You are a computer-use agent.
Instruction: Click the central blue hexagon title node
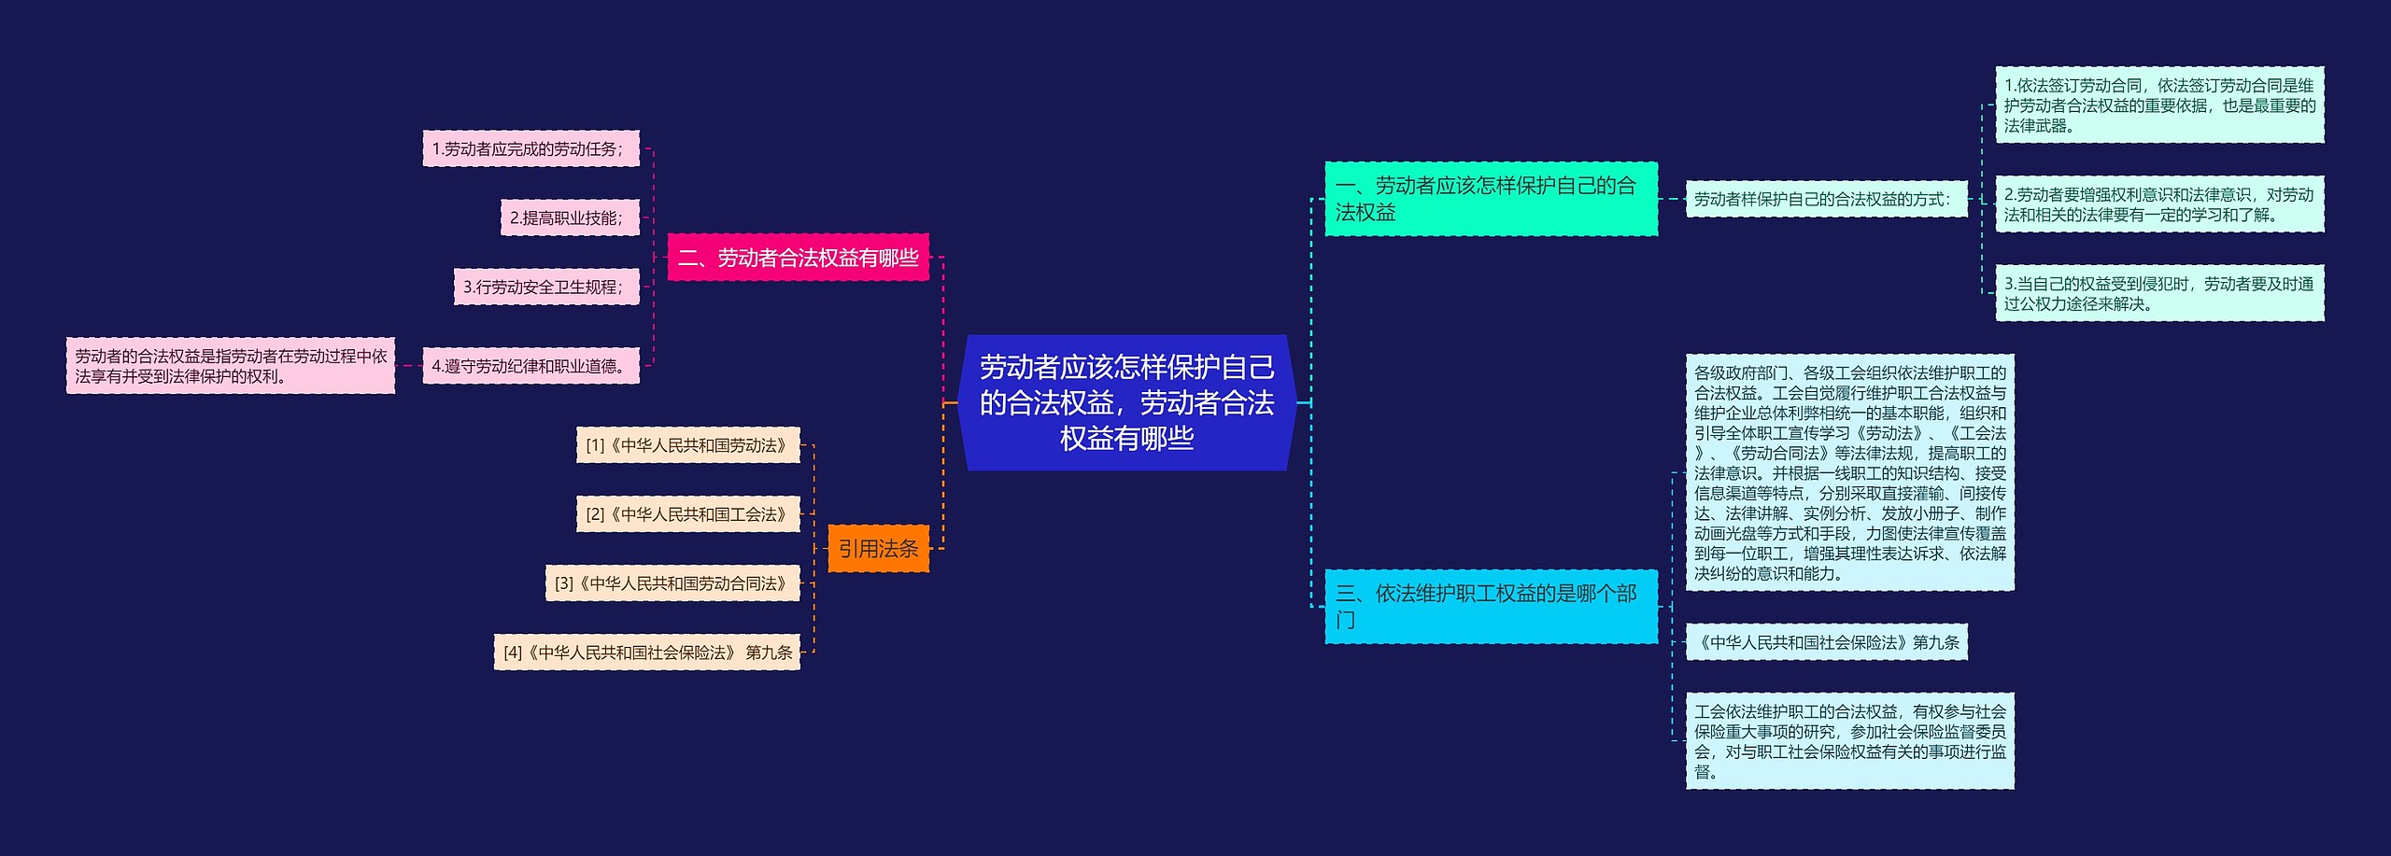click(1126, 402)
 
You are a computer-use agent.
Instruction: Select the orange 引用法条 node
click(878, 549)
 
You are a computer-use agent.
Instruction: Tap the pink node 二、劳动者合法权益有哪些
click(798, 258)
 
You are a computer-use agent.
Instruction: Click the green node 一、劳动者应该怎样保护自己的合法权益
click(1491, 199)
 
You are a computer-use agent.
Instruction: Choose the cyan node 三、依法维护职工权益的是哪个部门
click(1491, 607)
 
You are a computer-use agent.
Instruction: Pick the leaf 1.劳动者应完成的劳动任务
click(531, 149)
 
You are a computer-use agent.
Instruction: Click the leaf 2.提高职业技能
click(569, 218)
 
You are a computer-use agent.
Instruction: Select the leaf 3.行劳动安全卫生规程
click(545, 288)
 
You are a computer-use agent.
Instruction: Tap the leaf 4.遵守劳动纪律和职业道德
click(531, 366)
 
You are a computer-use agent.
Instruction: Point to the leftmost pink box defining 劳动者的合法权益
click(231, 366)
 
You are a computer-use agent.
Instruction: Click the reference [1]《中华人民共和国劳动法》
click(687, 445)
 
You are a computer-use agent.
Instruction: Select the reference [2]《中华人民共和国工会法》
click(687, 514)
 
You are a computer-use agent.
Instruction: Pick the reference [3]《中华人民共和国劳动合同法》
click(672, 583)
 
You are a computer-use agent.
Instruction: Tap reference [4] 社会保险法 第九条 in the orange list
click(646, 653)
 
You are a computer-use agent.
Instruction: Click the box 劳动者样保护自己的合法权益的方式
click(1826, 199)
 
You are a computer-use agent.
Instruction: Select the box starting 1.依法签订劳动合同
click(2159, 105)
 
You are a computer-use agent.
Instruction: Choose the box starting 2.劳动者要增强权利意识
click(2159, 204)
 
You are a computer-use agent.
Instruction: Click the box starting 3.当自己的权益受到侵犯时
click(2159, 293)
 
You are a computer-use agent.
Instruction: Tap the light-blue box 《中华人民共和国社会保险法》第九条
click(1826, 642)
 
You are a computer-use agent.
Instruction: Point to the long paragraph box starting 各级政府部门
click(1849, 472)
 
